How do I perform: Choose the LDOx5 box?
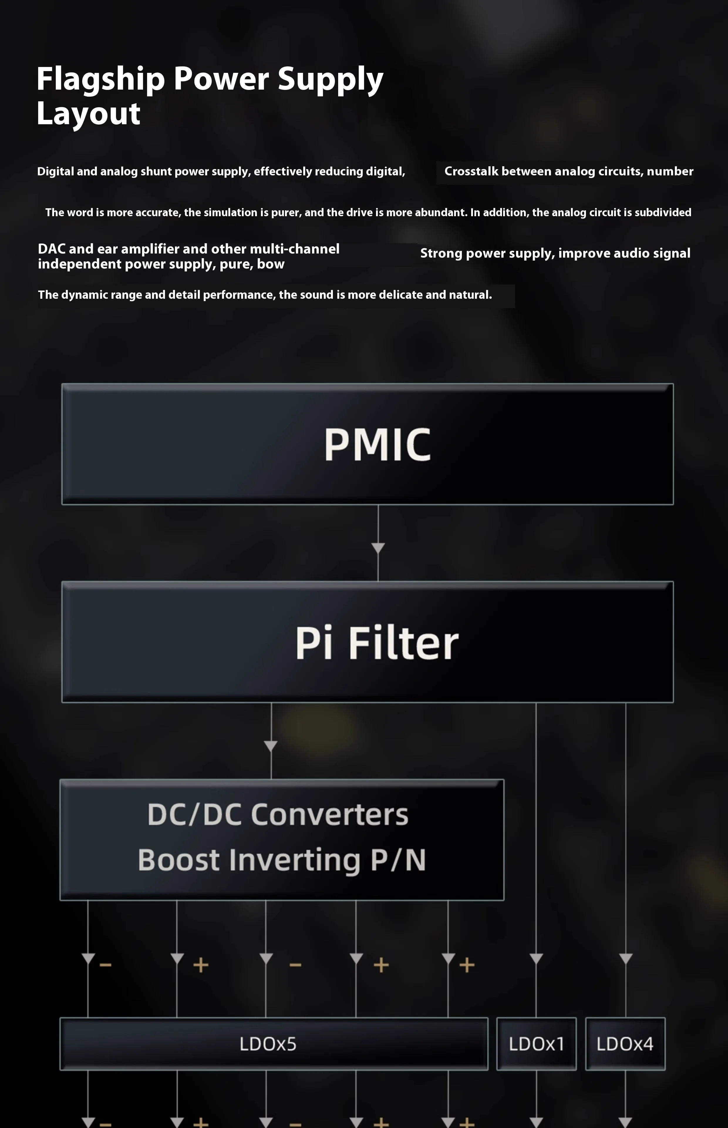coord(274,1044)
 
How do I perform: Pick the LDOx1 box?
coord(536,1044)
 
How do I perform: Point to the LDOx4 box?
coord(625,1044)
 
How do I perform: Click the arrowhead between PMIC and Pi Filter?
coord(378,548)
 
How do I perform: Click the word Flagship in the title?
coord(100,79)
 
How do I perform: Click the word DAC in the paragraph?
coord(52,249)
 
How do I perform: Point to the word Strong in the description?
coord(441,254)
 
